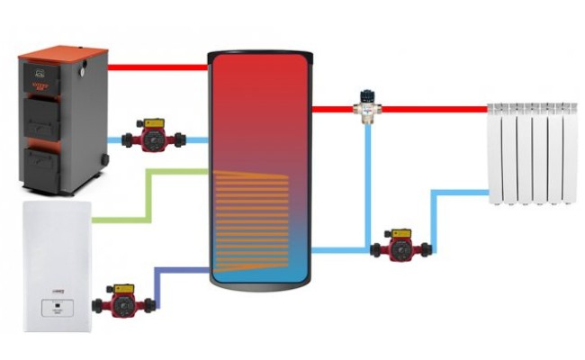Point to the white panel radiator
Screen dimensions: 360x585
point(531,153)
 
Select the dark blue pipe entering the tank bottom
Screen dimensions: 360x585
point(180,268)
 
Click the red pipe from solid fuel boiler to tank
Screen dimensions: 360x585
point(157,67)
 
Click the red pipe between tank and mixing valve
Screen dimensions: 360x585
point(333,109)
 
